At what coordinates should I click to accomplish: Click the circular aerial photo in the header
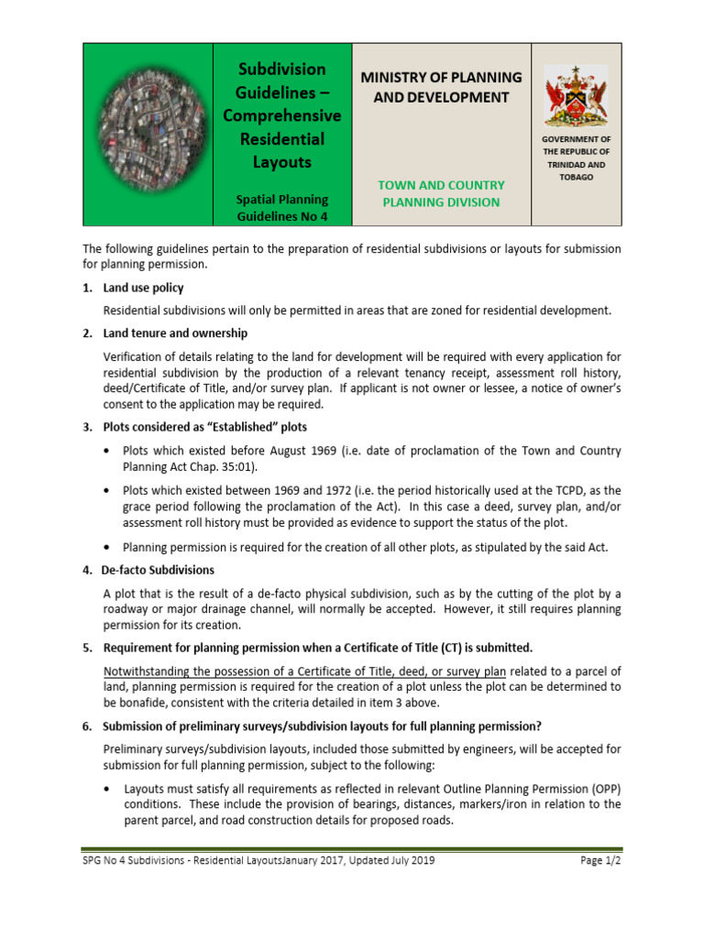(x=147, y=133)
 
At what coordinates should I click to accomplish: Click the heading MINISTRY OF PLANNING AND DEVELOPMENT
(x=442, y=87)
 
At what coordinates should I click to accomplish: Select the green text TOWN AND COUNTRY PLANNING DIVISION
(x=442, y=193)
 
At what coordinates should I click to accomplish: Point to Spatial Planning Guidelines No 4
(x=282, y=208)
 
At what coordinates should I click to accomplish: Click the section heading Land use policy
(x=144, y=288)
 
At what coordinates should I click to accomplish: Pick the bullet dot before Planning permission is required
(x=111, y=548)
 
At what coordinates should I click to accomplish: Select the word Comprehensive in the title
(x=282, y=115)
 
